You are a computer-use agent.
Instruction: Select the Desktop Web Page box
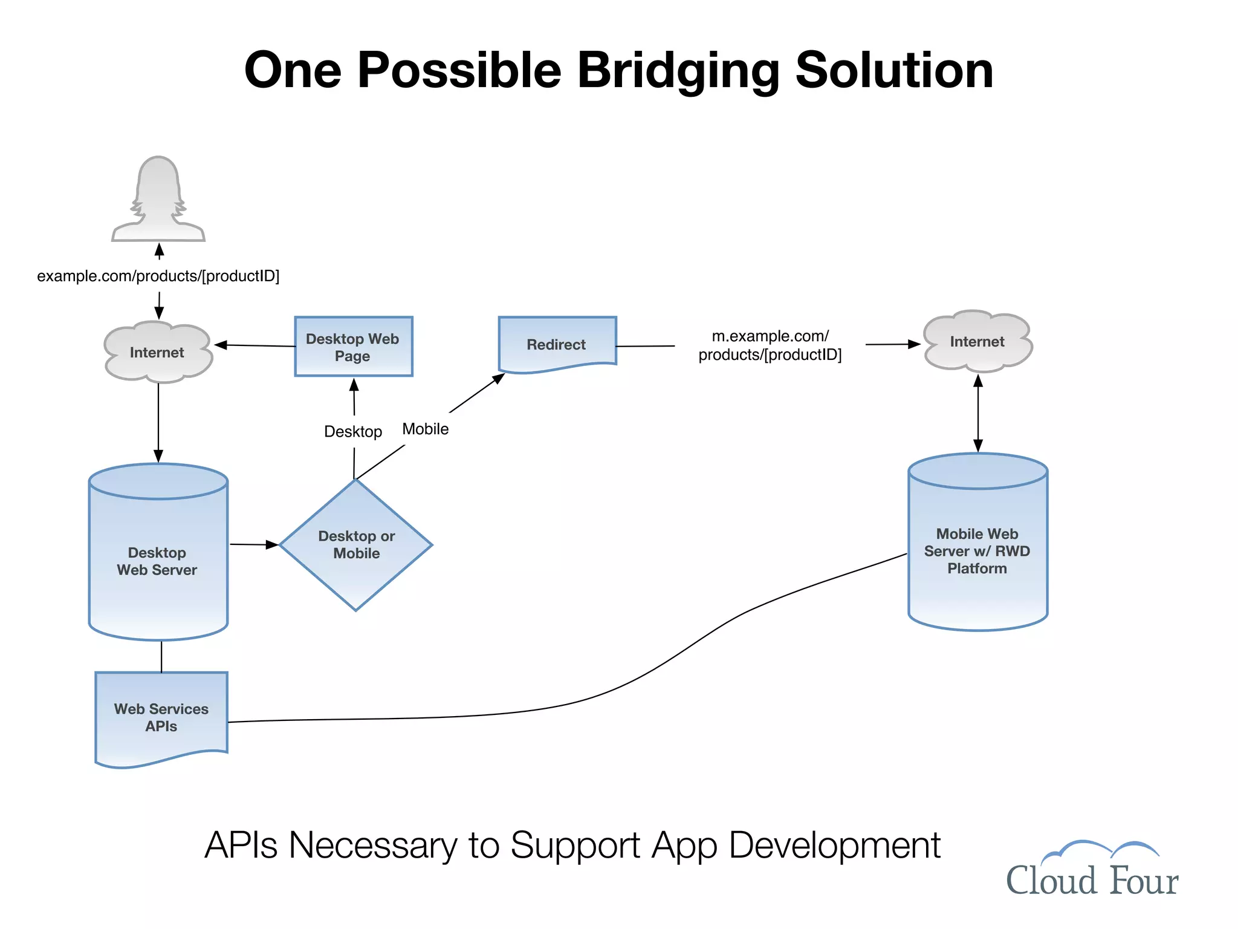coord(353,347)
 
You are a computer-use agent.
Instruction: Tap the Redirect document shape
coord(557,344)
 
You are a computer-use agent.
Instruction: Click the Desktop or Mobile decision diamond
coord(356,544)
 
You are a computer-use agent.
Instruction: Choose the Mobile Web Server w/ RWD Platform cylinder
coord(977,550)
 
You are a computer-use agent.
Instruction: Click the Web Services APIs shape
coord(161,717)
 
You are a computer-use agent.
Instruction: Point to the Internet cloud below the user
coord(157,352)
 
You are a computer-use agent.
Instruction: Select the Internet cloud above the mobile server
coord(977,342)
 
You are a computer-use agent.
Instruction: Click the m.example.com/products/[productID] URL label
coord(770,345)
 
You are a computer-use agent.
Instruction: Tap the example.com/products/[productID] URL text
coord(158,276)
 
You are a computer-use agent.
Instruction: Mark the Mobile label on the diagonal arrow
coord(426,429)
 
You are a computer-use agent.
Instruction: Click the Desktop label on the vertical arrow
coord(353,431)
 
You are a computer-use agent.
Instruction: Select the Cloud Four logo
coord(1092,871)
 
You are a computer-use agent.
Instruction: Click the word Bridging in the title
coord(678,70)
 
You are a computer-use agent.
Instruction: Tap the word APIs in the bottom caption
coord(241,845)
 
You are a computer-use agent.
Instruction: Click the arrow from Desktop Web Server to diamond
coord(254,545)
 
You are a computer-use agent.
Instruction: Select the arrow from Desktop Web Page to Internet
coord(255,345)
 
